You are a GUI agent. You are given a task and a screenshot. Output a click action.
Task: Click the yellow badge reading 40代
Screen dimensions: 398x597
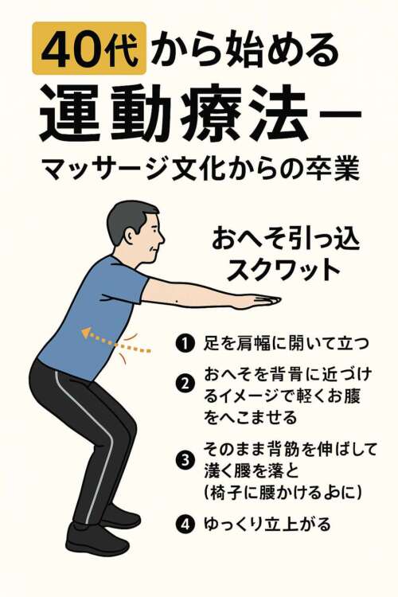click(89, 49)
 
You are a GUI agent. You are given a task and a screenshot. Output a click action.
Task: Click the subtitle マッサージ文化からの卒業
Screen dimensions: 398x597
click(201, 169)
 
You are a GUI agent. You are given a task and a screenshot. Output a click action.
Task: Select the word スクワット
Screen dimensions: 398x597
click(283, 270)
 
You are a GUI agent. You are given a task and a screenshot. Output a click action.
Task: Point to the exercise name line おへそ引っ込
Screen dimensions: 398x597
click(285, 241)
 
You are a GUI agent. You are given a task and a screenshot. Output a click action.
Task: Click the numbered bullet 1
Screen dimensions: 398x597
click(185, 344)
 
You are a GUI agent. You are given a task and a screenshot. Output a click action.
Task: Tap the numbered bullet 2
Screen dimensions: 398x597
click(185, 383)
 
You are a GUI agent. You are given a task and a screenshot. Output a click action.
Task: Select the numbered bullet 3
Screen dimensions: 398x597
click(185, 459)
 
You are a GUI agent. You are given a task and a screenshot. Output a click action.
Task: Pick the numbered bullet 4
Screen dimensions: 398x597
click(185, 525)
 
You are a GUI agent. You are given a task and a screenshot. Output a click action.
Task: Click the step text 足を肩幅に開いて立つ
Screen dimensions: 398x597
click(287, 344)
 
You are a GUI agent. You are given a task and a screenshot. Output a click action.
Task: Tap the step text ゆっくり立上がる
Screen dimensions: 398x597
click(267, 525)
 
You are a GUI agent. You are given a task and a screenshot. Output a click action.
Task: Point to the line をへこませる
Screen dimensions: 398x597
click(250, 418)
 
